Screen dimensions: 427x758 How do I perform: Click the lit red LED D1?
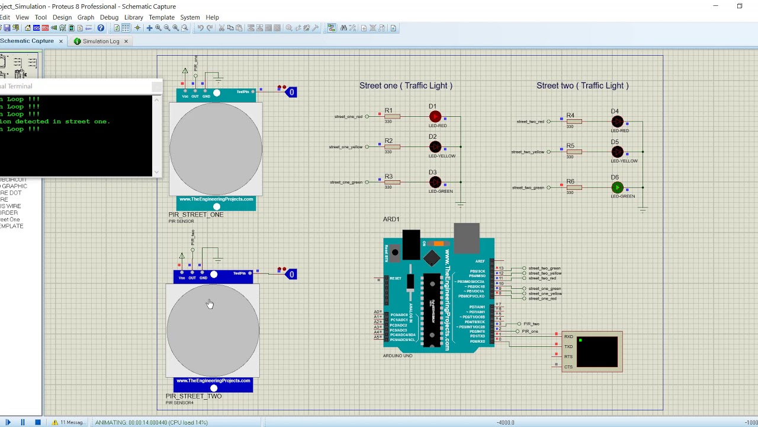click(435, 117)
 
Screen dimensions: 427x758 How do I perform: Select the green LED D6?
click(617, 187)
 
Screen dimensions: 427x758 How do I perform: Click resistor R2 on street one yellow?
click(391, 147)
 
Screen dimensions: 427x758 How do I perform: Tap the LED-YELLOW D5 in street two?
click(617, 152)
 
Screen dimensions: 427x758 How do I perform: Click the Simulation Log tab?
click(101, 42)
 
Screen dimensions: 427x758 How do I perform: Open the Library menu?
click(133, 17)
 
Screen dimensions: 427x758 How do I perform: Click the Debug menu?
click(109, 17)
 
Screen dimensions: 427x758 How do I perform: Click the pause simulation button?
click(23, 422)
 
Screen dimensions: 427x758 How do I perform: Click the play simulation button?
click(8, 422)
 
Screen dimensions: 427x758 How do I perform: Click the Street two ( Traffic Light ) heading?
click(582, 85)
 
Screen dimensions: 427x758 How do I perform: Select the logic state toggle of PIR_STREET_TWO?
click(291, 274)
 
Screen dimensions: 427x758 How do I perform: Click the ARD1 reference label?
click(391, 219)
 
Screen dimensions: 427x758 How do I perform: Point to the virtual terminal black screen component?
click(596, 352)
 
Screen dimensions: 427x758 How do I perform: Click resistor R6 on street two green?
click(573, 187)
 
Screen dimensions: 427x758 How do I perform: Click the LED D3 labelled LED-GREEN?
click(435, 182)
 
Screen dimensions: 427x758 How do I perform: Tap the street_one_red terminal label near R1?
click(348, 117)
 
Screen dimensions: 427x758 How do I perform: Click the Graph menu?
click(85, 17)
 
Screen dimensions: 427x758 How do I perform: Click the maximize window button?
click(739, 6)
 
